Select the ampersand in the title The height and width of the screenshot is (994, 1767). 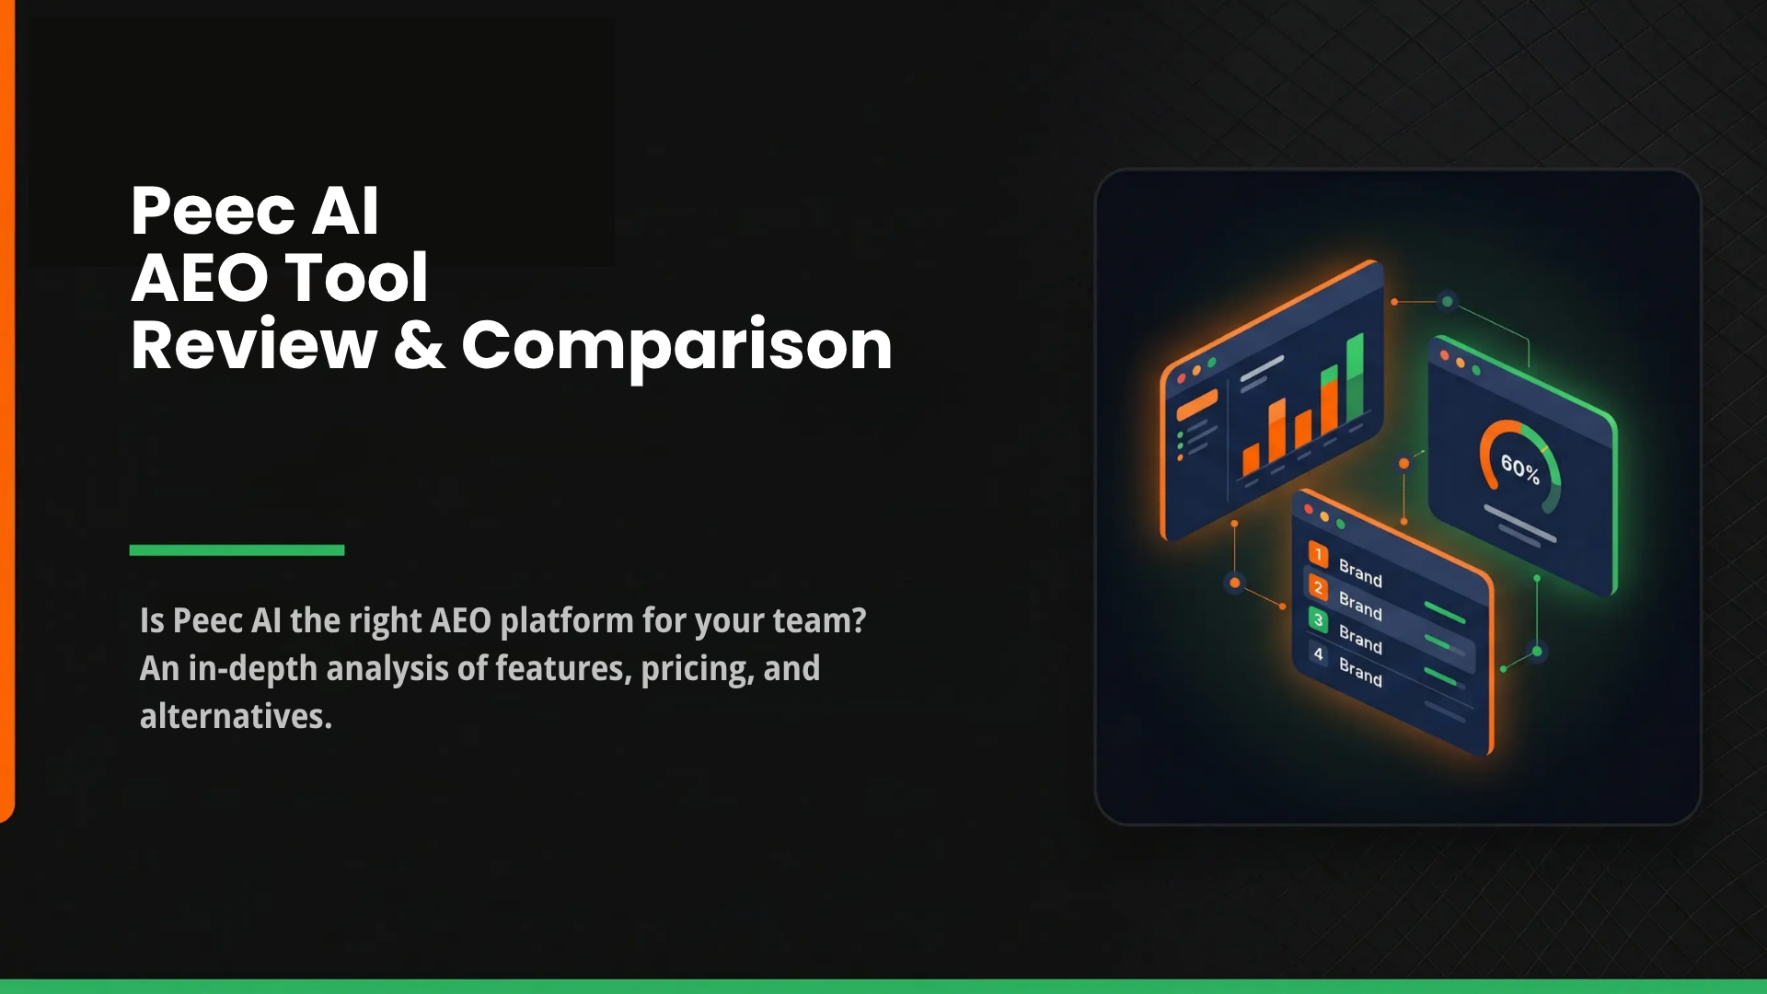pyautogui.click(x=419, y=345)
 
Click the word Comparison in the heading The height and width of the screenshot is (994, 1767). pyautogui.click(x=676, y=347)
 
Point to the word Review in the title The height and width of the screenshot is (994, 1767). pyautogui.click(x=254, y=345)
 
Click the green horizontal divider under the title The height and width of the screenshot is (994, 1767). pyautogui.click(x=237, y=550)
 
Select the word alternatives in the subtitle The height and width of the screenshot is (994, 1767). pyautogui.click(x=235, y=717)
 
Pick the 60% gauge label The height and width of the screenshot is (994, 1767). pyautogui.click(x=1519, y=469)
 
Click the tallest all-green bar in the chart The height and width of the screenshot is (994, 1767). pyautogui.click(x=1355, y=377)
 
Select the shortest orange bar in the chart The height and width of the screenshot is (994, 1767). pyautogui.click(x=1251, y=459)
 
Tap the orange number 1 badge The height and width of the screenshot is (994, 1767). pyautogui.click(x=1318, y=554)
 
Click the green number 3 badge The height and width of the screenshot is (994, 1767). pyautogui.click(x=1318, y=619)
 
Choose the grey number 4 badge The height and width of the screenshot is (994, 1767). pyautogui.click(x=1318, y=653)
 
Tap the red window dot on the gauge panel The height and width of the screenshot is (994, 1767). pyautogui.click(x=1444, y=355)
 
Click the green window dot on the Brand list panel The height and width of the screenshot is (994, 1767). pyautogui.click(x=1341, y=524)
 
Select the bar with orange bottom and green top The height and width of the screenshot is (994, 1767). pyautogui.click(x=1329, y=399)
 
